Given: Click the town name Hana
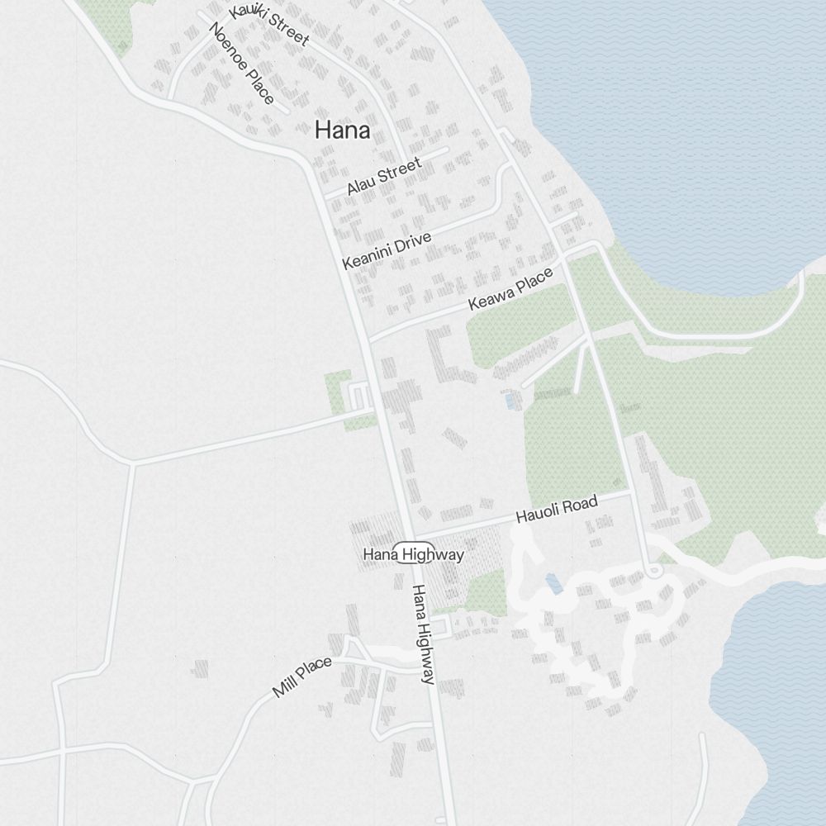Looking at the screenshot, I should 342,131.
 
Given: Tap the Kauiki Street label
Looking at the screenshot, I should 269,25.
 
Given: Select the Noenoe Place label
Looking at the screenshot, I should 241,64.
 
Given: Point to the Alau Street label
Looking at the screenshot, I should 384,177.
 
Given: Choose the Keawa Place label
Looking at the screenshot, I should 510,291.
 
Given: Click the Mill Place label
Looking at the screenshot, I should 301,676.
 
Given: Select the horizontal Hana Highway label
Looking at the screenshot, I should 413,555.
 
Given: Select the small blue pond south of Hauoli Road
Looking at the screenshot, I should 553,584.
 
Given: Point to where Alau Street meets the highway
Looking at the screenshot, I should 325,197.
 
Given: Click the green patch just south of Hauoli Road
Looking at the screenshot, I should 485,592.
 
